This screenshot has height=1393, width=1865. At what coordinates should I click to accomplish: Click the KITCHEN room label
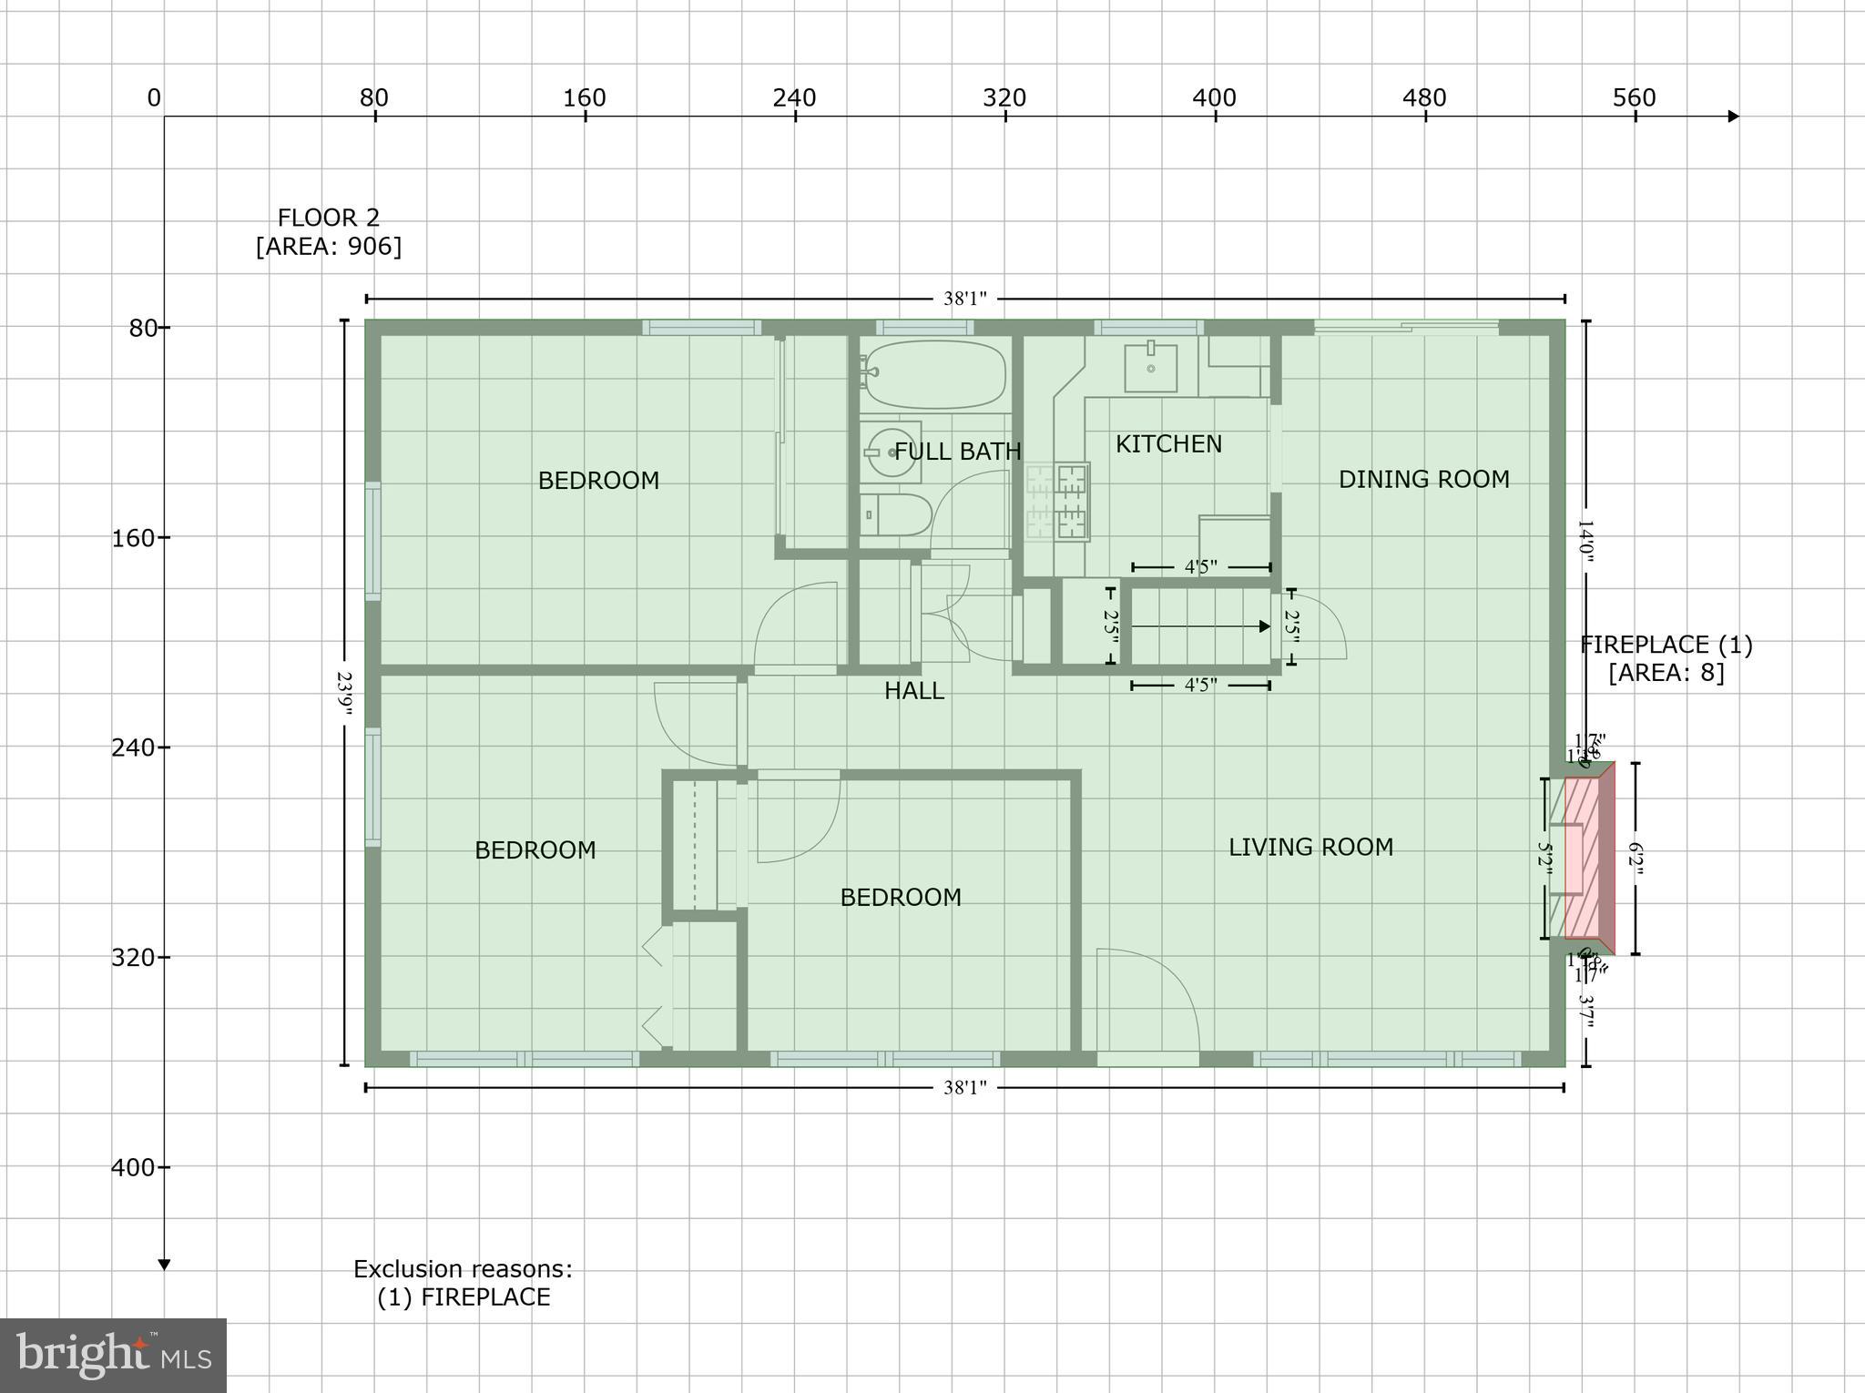click(1168, 444)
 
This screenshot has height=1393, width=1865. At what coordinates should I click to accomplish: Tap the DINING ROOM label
click(1423, 479)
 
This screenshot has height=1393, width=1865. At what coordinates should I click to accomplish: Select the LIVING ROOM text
click(1310, 848)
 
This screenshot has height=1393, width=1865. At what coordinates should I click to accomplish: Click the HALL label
click(913, 691)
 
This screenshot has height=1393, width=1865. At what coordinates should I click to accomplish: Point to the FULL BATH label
click(958, 452)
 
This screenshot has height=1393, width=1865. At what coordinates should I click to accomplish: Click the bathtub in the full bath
click(934, 374)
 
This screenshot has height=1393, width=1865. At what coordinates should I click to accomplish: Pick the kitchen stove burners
click(1058, 501)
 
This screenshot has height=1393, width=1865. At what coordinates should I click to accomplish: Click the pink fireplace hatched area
click(1583, 858)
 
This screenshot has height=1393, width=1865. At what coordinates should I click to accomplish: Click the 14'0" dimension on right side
click(1585, 542)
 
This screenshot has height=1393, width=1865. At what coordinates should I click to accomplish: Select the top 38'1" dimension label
click(964, 299)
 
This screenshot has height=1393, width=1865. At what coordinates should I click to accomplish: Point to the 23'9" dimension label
click(344, 694)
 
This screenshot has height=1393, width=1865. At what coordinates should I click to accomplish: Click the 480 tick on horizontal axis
click(1424, 98)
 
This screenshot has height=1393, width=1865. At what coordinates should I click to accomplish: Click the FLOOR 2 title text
click(328, 218)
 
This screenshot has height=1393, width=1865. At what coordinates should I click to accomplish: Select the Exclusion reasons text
click(463, 1269)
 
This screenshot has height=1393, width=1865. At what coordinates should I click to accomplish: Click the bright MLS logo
click(113, 1355)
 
